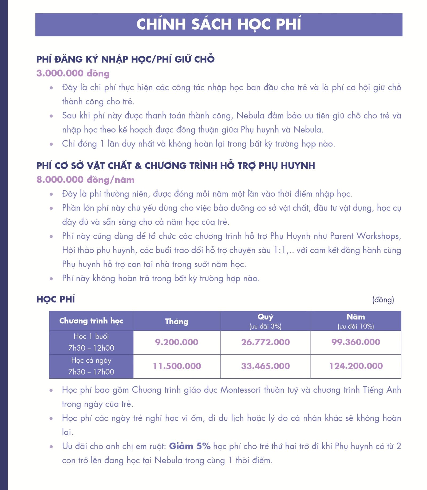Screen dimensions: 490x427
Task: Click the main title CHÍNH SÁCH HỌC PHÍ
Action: click(219, 24)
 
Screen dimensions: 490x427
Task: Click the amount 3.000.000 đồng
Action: click(73, 73)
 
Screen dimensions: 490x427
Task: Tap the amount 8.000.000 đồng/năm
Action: click(85, 180)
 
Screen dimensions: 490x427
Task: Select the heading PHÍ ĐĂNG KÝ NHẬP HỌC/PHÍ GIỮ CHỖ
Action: click(125, 59)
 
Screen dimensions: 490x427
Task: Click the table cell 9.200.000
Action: click(177, 342)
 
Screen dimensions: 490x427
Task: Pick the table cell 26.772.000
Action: click(265, 342)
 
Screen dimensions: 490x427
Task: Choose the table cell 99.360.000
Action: click(356, 342)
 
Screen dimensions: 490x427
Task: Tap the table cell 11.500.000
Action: click(177, 366)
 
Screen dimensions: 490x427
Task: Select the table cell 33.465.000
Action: click(265, 366)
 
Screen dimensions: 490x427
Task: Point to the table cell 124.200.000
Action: click(356, 366)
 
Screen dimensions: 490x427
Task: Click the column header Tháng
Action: click(177, 321)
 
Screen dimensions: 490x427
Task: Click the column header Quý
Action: click(265, 317)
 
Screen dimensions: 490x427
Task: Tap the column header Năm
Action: click(356, 317)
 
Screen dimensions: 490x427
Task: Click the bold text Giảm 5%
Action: click(190, 446)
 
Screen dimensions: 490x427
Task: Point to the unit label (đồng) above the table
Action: click(383, 300)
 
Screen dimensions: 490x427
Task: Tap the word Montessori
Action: click(240, 390)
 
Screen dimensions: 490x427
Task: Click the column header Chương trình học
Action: click(91, 321)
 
